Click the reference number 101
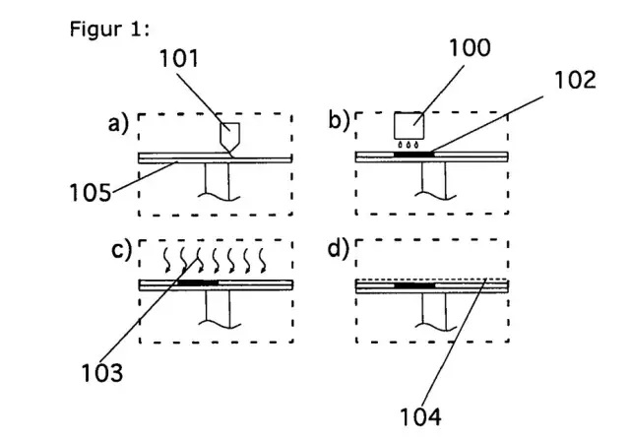click(x=179, y=59)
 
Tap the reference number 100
click(x=470, y=47)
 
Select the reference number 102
click(x=575, y=80)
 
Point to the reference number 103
click(x=102, y=373)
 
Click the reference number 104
click(x=420, y=416)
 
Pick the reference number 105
click(x=90, y=192)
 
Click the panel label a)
click(x=118, y=123)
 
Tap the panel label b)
click(x=339, y=120)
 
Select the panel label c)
click(x=121, y=250)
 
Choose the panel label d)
click(x=339, y=249)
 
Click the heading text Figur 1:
click(x=109, y=30)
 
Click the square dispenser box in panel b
click(x=409, y=124)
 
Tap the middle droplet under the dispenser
click(x=409, y=144)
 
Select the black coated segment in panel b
click(x=413, y=155)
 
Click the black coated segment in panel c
click(x=198, y=282)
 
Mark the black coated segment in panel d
click(x=414, y=285)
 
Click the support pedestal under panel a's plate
click(x=218, y=181)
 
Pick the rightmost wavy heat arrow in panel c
click(x=262, y=260)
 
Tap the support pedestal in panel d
click(x=434, y=312)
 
